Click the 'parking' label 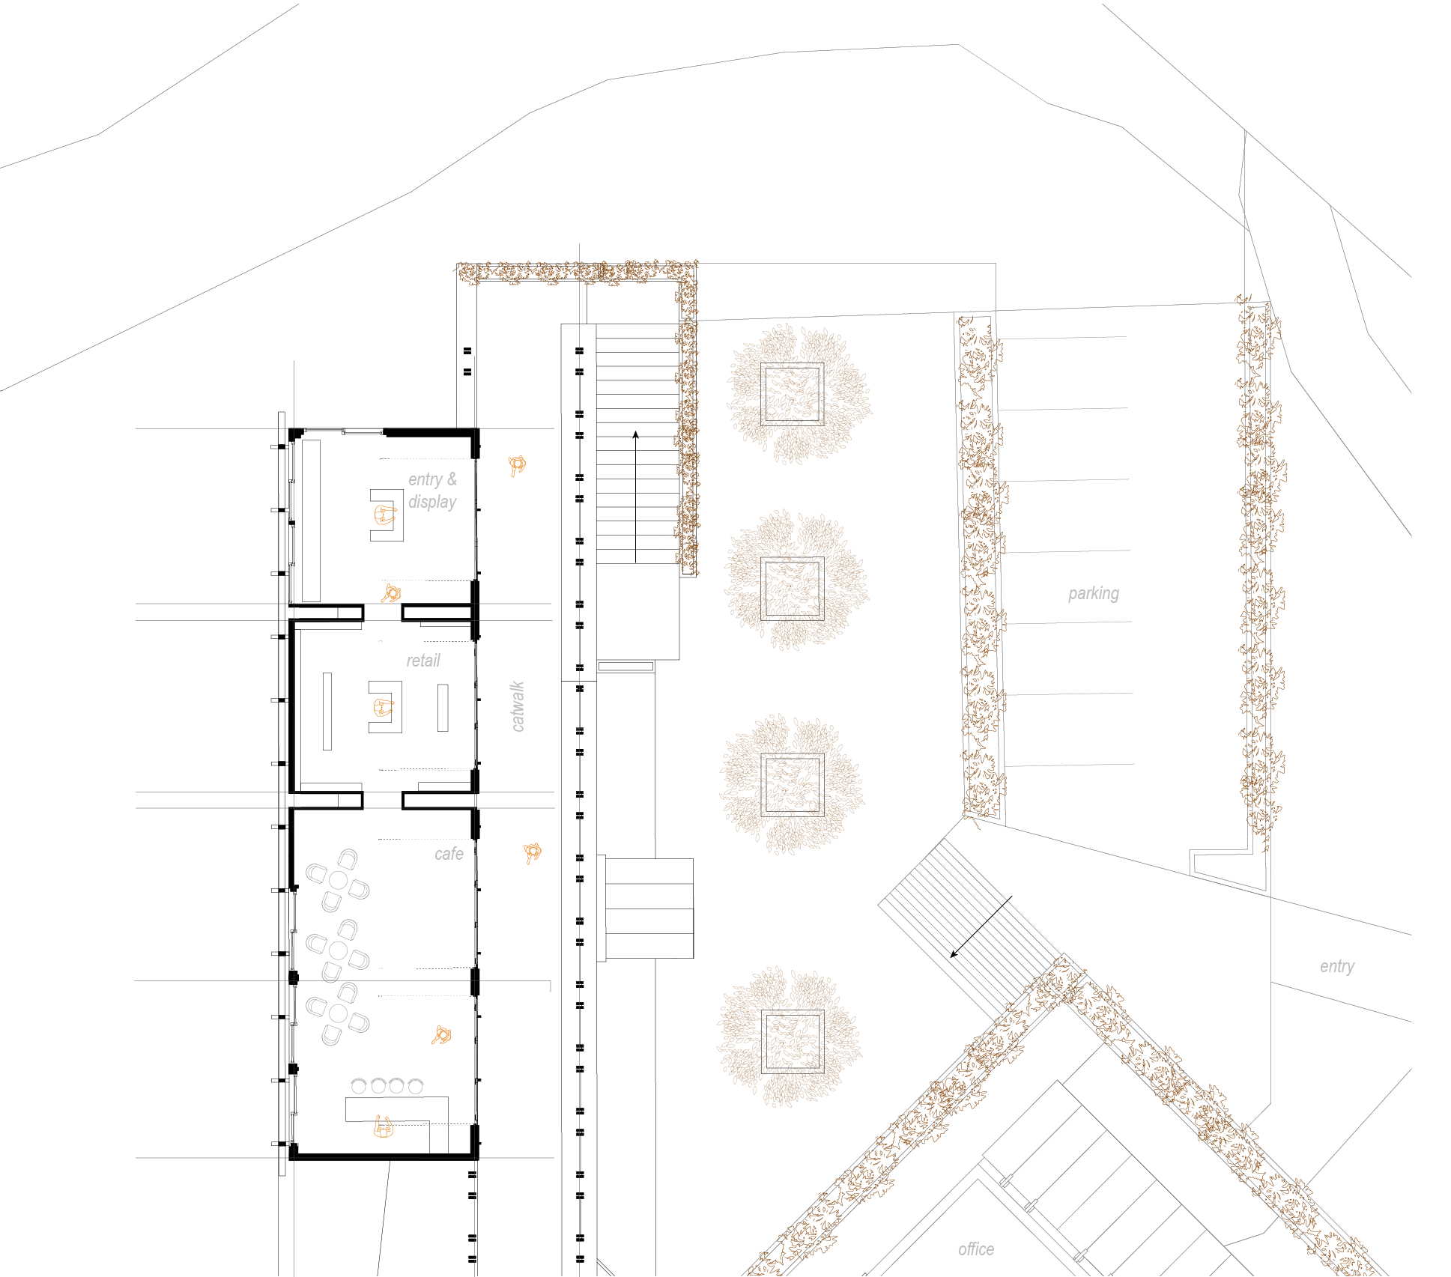point(1094,594)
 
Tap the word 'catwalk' point(517,706)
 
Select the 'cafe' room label point(449,854)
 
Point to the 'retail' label point(423,661)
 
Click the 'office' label point(976,1249)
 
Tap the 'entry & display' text point(432,491)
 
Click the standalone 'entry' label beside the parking point(1337,967)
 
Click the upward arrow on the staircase point(635,497)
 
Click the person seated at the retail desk point(383,707)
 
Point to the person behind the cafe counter point(383,1127)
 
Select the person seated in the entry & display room point(384,515)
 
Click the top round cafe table point(338,880)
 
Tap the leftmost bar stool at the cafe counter point(359,1085)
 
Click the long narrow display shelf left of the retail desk point(327,711)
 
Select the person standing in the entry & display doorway point(391,594)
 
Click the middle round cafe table point(338,950)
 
